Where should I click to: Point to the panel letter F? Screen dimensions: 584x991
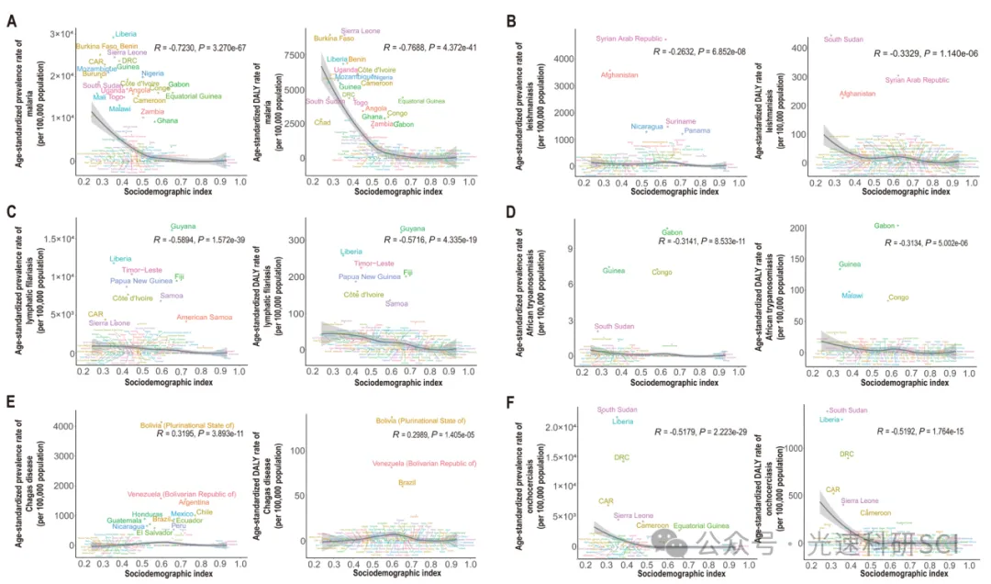coord(511,400)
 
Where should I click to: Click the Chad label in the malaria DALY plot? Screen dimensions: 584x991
coord(322,122)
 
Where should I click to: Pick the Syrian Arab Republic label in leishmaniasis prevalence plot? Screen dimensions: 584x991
coord(629,39)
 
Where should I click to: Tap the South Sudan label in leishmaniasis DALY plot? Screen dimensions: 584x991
coord(844,39)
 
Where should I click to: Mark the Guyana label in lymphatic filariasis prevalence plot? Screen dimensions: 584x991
coord(183,227)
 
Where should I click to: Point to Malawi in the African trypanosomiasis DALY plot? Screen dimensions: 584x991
coord(852,296)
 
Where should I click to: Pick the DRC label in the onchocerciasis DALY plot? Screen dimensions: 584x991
coord(846,454)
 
